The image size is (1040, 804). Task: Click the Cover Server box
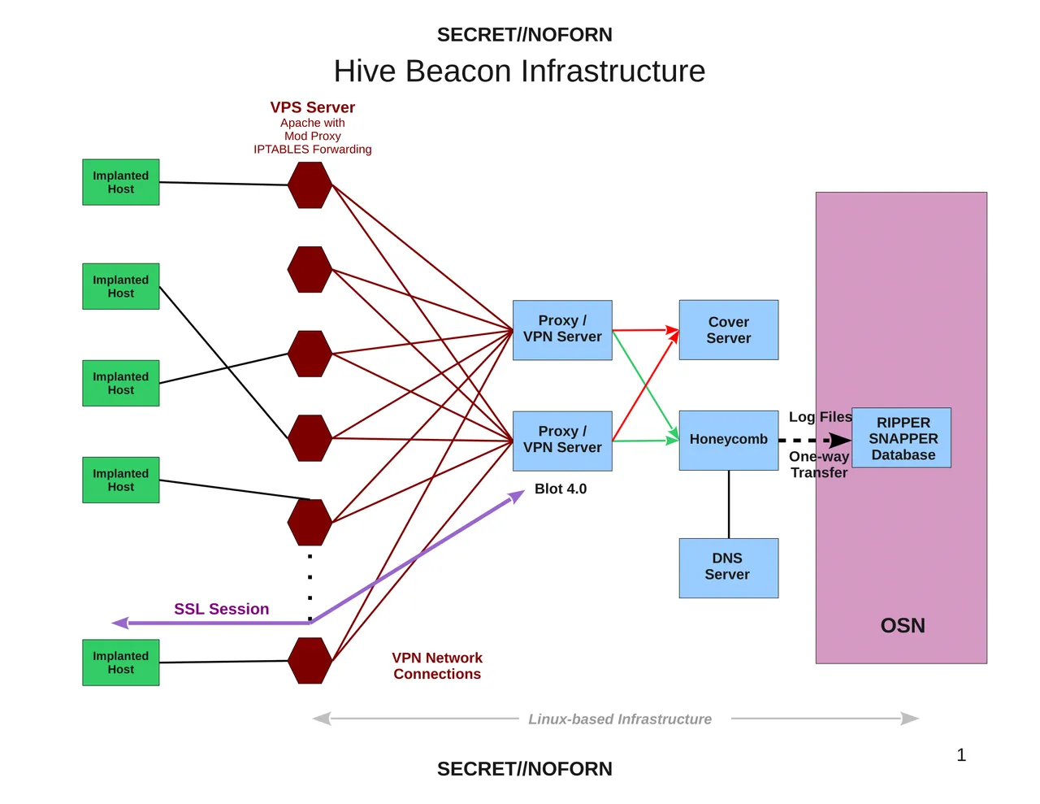[728, 330]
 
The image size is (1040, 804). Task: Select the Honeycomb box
[728, 440]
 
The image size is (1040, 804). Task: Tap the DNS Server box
[728, 567]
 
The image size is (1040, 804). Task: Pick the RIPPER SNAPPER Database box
[902, 438]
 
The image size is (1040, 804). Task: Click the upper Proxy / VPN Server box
[562, 330]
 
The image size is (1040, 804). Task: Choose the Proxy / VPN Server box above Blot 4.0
[562, 441]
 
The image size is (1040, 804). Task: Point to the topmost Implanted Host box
[121, 182]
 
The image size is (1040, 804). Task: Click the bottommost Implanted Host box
[121, 663]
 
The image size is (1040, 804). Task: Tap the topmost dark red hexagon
[310, 185]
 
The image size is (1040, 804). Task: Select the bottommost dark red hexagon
[310, 660]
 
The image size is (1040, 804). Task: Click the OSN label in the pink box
[903, 625]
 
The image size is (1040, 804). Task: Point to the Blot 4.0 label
[561, 489]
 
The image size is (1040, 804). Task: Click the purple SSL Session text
[221, 609]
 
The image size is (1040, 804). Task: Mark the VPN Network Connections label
[437, 666]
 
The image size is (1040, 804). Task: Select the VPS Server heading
[313, 107]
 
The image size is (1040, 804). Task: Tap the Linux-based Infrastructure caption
[620, 719]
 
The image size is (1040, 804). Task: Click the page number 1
[961, 755]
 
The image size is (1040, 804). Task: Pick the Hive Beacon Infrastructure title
[520, 71]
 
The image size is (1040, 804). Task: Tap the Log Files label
[820, 417]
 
